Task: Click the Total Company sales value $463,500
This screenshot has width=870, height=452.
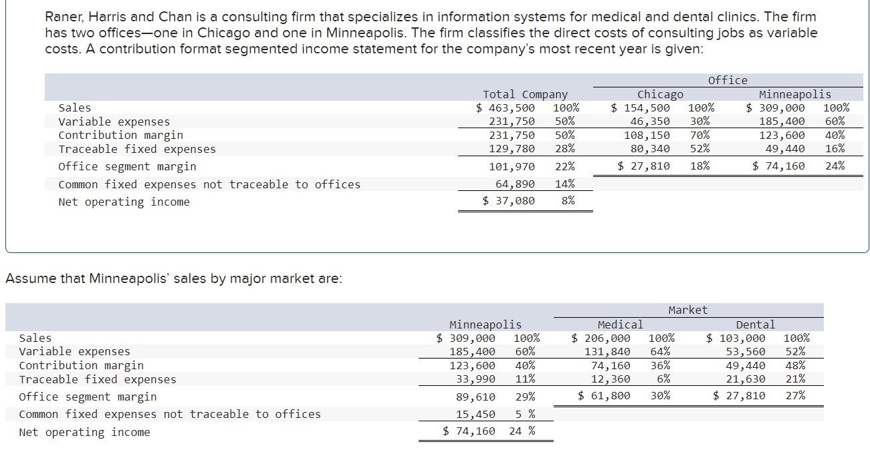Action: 506,107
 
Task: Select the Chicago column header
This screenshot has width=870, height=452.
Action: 660,94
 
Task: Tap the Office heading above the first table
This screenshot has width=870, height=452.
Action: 728,80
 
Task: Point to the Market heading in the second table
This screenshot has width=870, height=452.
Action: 687,310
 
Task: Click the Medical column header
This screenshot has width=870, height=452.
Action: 620,324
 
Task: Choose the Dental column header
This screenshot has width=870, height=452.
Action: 755,324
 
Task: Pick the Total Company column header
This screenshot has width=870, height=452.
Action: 525,94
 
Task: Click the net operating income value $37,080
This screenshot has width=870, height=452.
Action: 508,201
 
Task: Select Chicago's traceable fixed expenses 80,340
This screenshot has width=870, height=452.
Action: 650,149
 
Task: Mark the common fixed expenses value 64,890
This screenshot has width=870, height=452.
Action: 515,184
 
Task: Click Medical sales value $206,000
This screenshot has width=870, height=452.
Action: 601,338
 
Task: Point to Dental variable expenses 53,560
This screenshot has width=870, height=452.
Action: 746,351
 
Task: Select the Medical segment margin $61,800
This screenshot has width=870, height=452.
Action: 604,396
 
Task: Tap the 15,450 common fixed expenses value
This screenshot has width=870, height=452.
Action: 475,414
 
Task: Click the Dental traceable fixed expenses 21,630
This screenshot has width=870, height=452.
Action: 746,379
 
